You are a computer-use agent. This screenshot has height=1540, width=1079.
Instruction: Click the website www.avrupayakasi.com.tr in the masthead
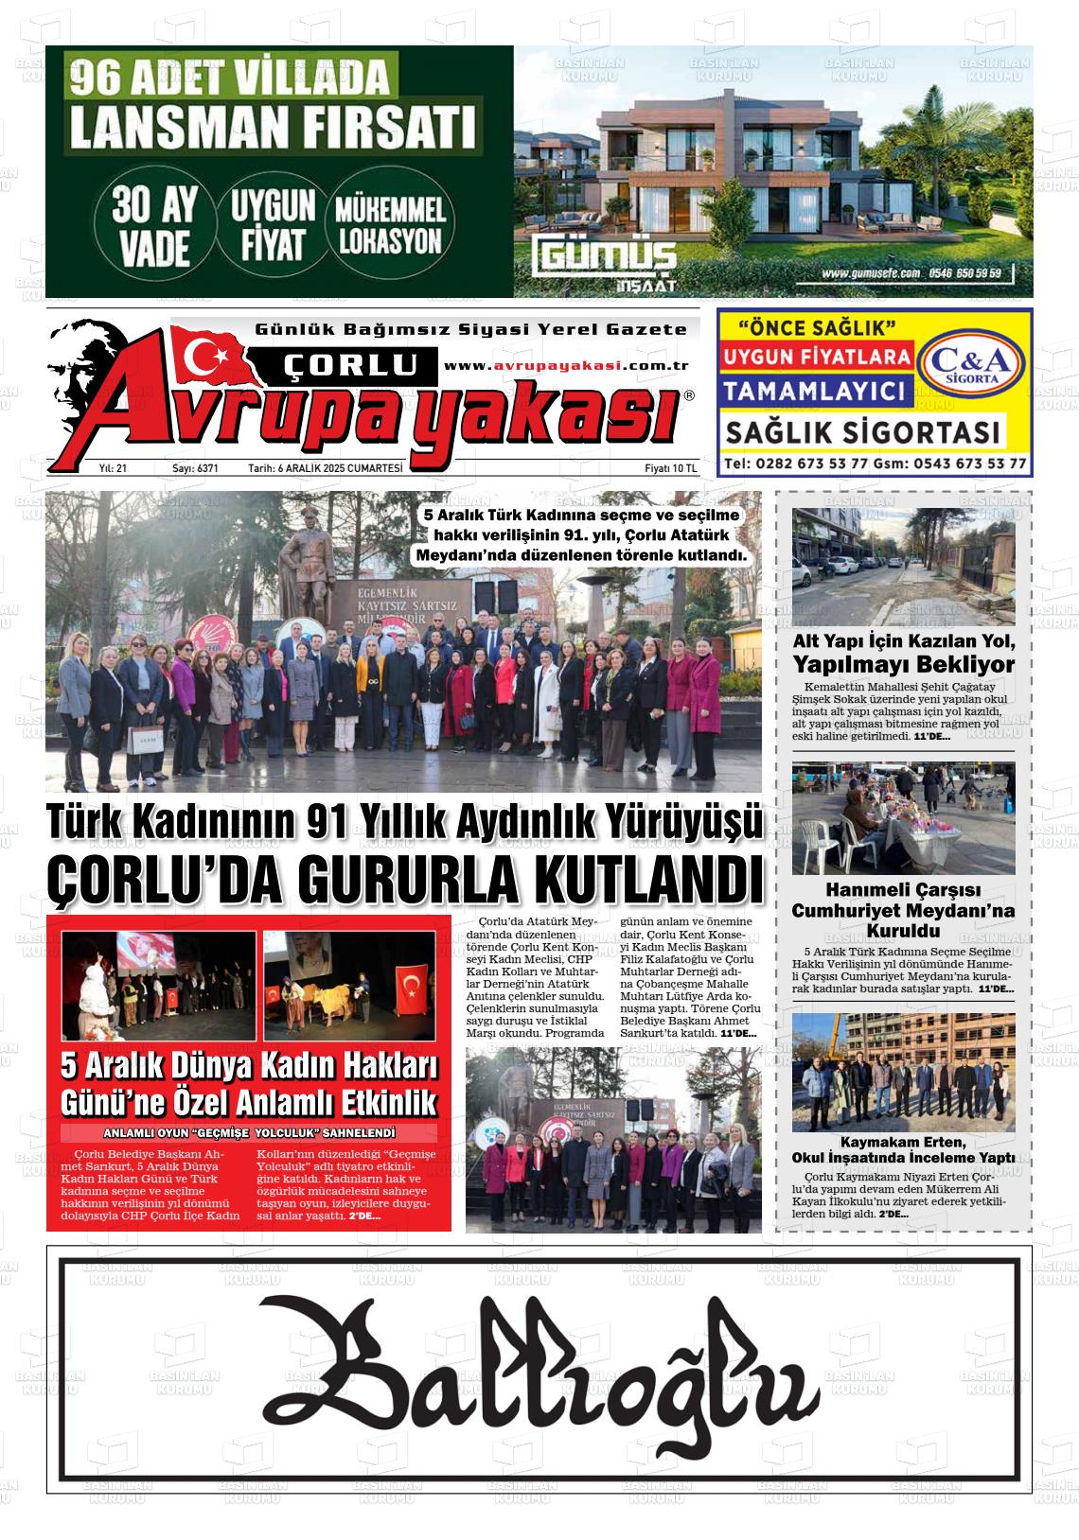(565, 365)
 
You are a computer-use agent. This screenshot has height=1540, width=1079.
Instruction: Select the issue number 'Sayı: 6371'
(195, 468)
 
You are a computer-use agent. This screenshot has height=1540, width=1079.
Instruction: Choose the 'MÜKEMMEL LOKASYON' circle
(389, 227)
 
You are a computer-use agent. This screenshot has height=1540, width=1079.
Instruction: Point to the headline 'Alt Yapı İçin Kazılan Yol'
(903, 654)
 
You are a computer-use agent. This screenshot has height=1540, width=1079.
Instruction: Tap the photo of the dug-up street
(903, 565)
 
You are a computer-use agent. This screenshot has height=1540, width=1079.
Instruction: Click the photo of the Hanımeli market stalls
(903, 818)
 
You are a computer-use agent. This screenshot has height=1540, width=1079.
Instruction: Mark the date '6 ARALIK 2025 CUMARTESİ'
(325, 468)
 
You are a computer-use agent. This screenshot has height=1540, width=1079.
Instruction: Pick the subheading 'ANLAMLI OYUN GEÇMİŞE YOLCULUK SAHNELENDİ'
(249, 1133)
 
